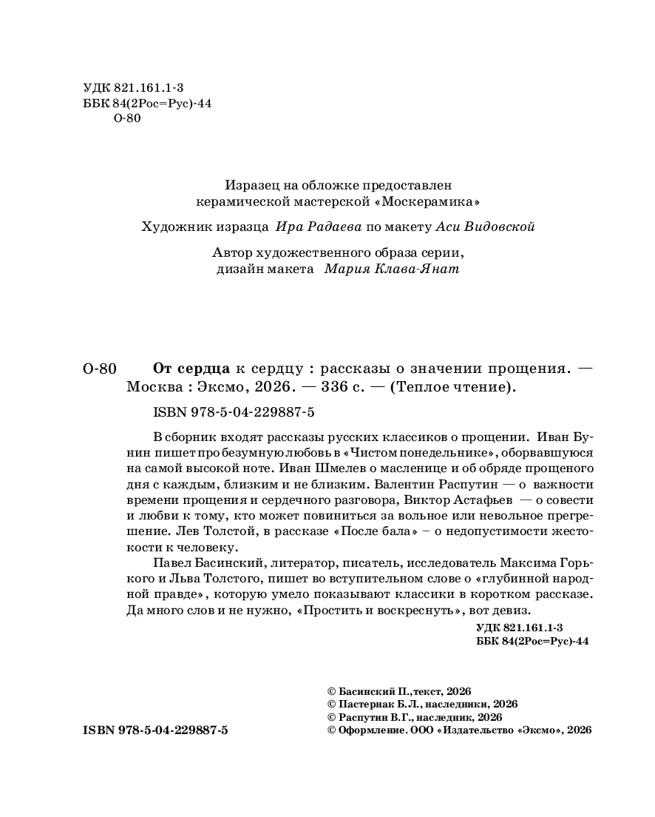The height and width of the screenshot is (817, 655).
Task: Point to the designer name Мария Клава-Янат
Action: (391, 269)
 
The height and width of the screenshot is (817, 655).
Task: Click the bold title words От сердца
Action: (191, 368)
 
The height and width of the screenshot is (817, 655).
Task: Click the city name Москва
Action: (152, 387)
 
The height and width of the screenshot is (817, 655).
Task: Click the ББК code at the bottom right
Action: (533, 642)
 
